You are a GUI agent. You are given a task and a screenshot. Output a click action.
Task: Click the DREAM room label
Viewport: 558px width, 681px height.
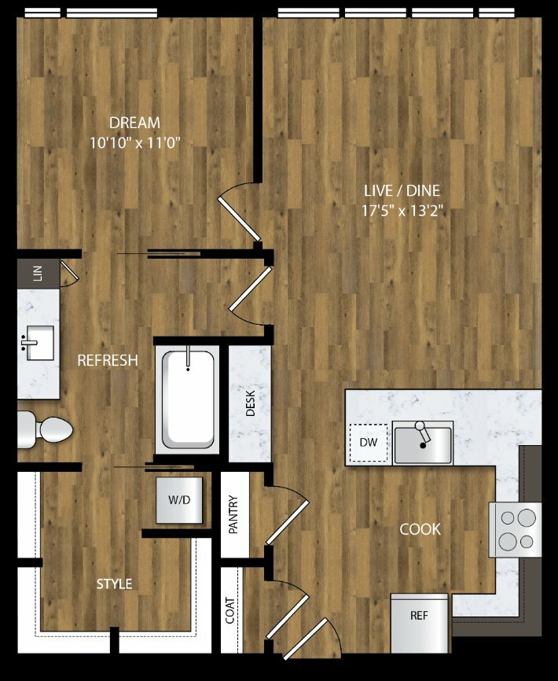click(x=134, y=123)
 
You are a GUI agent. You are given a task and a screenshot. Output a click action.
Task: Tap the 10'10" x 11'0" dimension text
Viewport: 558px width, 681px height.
click(x=134, y=143)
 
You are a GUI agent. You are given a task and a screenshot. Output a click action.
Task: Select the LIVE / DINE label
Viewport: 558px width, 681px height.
click(x=402, y=190)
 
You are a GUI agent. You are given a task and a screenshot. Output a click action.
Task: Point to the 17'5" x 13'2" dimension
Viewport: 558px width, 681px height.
click(x=402, y=211)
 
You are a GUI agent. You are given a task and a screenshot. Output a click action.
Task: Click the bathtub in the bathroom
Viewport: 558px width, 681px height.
click(x=188, y=399)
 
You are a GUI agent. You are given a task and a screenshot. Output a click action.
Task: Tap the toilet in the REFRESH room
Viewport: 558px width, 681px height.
click(x=45, y=429)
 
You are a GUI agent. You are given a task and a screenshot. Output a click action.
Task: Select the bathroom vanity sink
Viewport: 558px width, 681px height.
click(x=39, y=343)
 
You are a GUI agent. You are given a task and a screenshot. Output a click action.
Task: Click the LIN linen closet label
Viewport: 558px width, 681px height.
click(x=39, y=273)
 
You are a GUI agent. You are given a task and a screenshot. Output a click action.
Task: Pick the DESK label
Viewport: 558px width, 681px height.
click(x=251, y=403)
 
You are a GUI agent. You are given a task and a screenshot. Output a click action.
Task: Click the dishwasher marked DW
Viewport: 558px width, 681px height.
click(x=369, y=443)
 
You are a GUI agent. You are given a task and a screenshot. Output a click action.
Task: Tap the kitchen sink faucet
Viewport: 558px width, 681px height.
click(x=422, y=433)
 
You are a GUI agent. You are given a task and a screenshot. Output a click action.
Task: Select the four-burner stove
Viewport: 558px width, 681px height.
click(x=516, y=529)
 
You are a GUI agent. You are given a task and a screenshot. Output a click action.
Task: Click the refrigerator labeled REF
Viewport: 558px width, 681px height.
click(x=419, y=624)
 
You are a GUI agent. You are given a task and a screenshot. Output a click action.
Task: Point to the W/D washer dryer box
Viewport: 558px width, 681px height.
click(x=179, y=500)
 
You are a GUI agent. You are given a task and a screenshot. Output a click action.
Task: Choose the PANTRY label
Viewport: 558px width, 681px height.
click(x=233, y=514)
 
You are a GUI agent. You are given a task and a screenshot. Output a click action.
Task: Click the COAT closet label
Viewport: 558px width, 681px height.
click(x=230, y=611)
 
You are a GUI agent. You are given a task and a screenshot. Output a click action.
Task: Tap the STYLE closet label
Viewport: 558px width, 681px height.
click(x=114, y=584)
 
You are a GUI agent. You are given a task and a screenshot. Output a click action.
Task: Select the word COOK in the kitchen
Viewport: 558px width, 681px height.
click(x=420, y=529)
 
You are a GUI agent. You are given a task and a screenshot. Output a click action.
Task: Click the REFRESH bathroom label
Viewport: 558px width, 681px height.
click(x=108, y=360)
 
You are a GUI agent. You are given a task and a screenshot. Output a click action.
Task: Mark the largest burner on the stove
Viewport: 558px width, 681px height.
click(x=527, y=517)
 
